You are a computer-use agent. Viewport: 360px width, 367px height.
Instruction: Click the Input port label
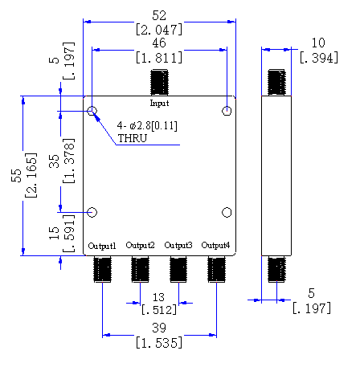pos(159,103)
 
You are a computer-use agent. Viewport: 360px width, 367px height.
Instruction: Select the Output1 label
pos(102,246)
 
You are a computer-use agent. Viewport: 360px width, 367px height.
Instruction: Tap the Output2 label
pos(140,245)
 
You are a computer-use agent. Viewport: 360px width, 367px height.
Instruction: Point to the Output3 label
pos(178,245)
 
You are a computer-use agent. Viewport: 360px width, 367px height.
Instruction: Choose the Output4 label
pos(215,245)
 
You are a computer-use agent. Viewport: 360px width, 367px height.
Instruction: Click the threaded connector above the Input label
pos(159,82)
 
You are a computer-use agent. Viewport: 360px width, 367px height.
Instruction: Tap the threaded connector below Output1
pos(102,269)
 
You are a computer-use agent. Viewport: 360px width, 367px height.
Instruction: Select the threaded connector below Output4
pos(216,269)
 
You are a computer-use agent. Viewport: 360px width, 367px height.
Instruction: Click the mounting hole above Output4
pos(227,212)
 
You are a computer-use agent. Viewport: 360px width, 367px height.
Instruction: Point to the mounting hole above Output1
pos(92,212)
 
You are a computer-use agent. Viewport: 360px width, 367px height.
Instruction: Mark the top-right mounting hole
pos(227,111)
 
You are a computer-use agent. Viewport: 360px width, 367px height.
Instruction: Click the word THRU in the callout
pos(133,138)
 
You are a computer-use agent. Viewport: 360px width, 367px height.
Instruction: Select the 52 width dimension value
pos(159,15)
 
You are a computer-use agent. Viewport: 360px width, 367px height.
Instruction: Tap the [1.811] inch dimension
pos(159,58)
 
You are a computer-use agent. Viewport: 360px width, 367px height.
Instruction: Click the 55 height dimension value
pos(16,176)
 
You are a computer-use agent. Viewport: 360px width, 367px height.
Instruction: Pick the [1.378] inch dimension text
pos(68,161)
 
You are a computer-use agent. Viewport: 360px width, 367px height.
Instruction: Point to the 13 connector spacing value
pos(158,297)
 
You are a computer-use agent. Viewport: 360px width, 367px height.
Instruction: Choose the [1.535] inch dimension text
pos(159,343)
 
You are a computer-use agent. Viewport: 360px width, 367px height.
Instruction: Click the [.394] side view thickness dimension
pos(319,58)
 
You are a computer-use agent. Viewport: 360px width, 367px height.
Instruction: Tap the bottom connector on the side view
pos(276,269)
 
